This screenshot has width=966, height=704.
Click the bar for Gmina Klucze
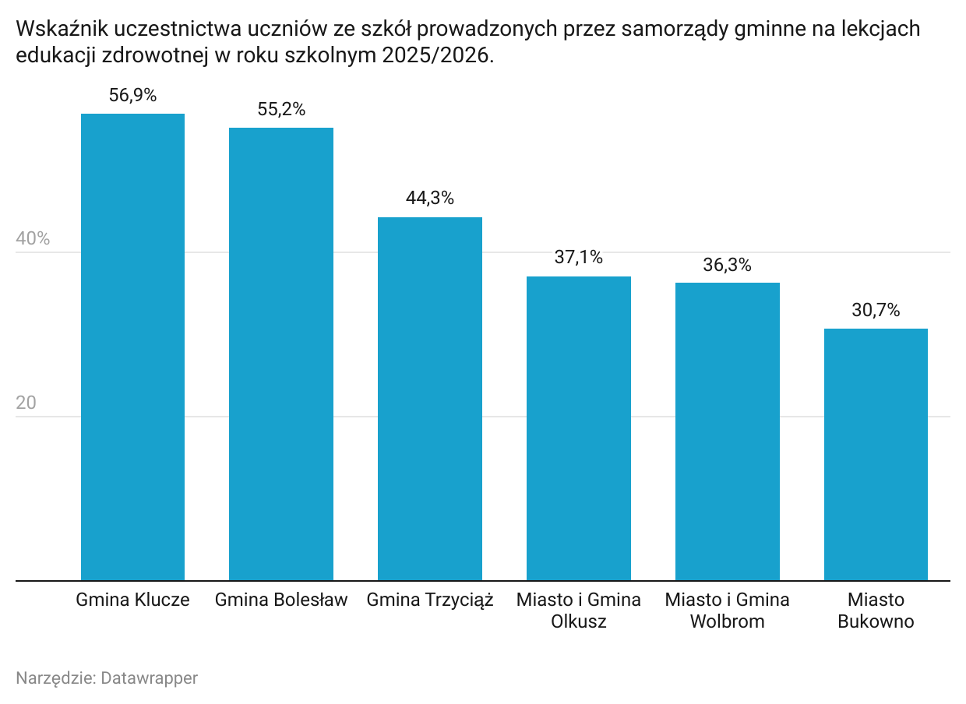132,347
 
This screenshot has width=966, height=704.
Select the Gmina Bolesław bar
280,354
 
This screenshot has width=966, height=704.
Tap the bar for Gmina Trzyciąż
430,399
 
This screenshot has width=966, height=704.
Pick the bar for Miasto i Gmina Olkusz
579,428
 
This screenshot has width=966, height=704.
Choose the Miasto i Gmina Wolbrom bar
728,431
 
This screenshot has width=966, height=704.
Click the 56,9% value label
132,96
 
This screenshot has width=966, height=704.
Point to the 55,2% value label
281,110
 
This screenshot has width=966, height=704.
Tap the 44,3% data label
430,199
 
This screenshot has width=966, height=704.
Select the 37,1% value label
579,258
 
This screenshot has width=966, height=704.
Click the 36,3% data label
728,265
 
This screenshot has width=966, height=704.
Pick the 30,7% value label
876,311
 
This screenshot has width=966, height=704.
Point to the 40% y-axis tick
33,239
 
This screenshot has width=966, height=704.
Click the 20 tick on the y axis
26,403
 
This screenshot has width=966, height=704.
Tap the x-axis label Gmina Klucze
132,600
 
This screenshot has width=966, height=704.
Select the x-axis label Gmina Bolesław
281,600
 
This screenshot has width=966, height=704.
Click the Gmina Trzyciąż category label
430,600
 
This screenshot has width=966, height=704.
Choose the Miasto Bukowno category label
876,611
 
